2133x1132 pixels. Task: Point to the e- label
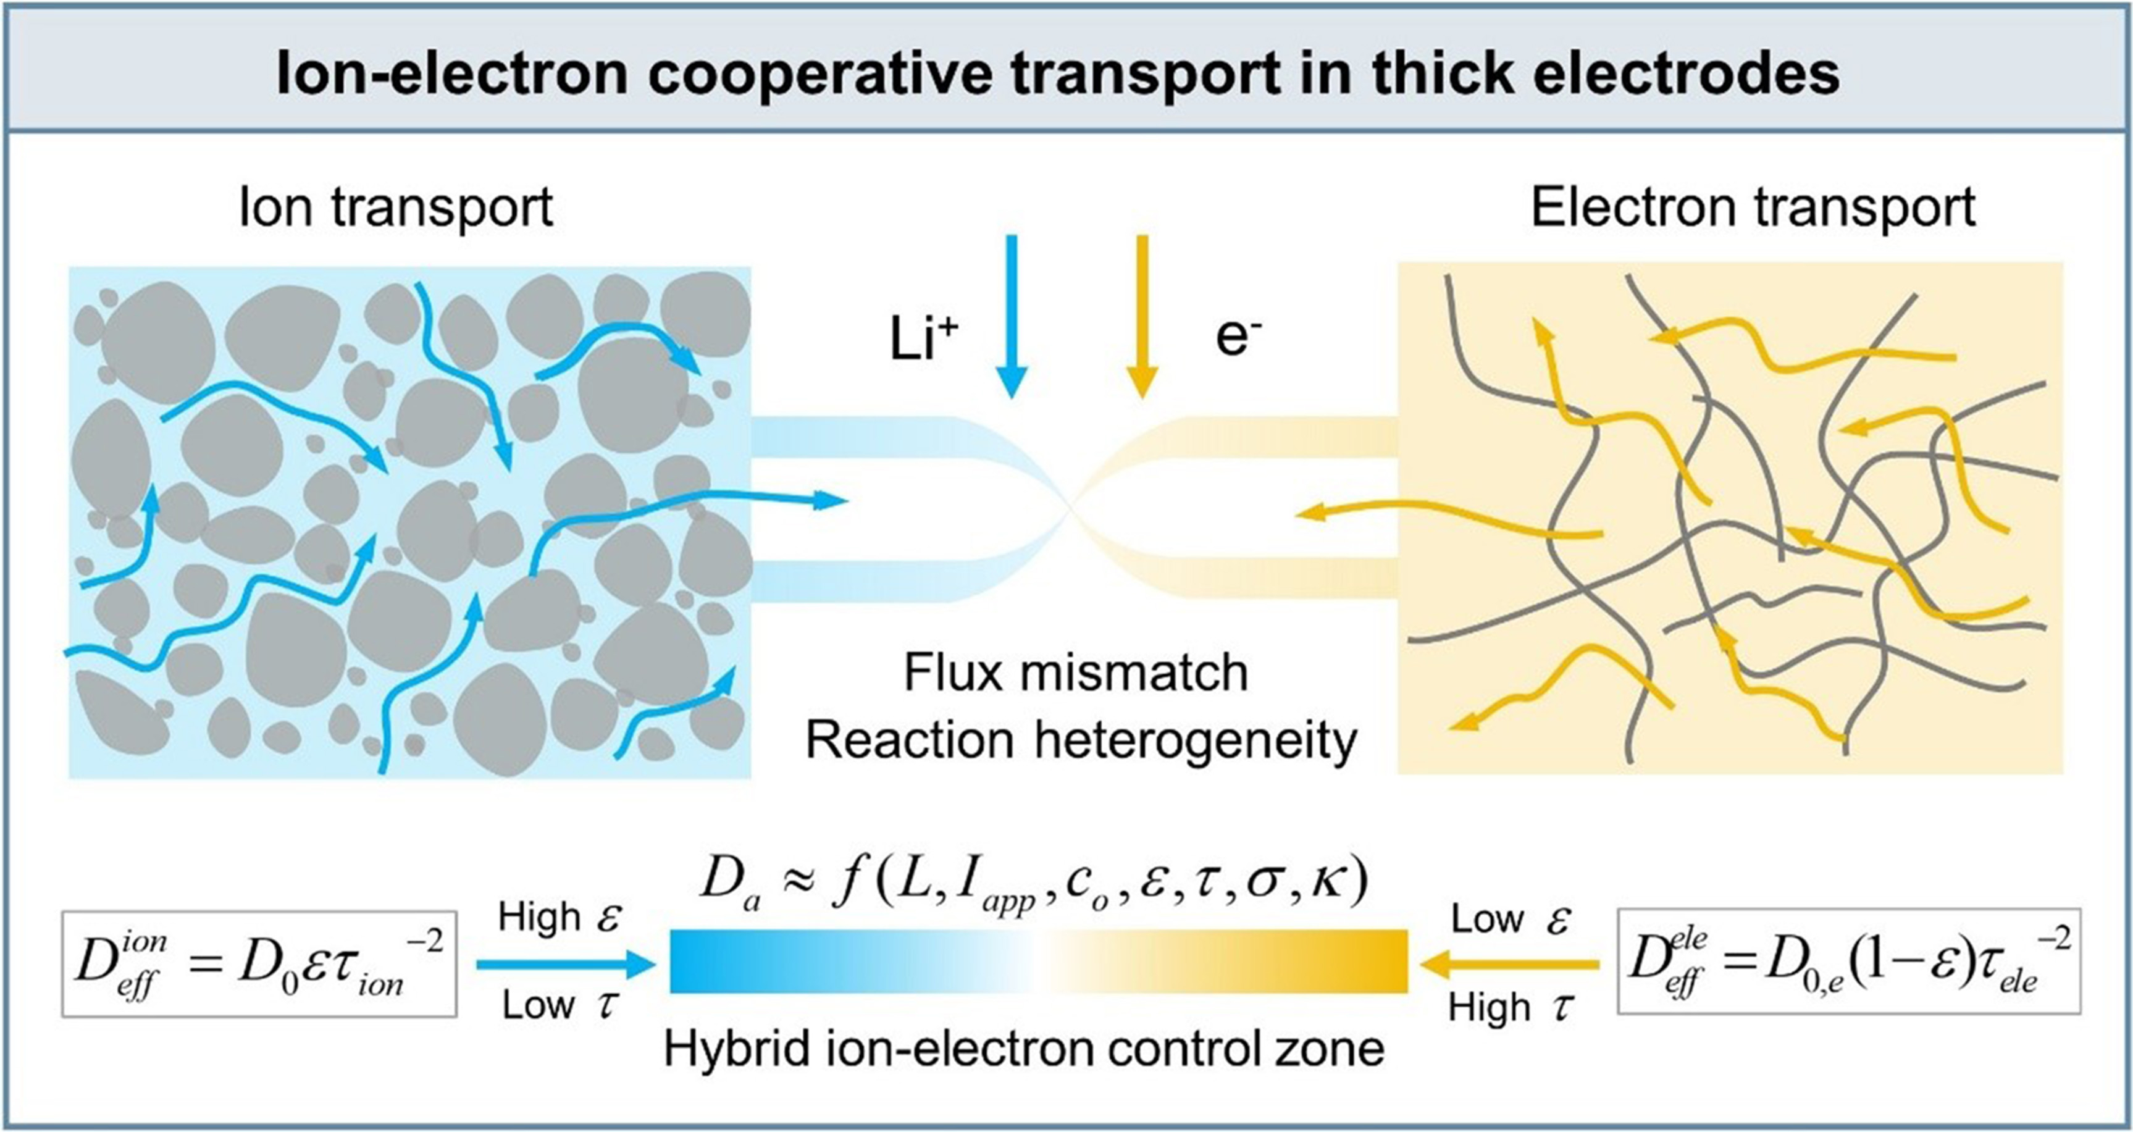[x=1238, y=338]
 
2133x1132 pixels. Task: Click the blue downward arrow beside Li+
[x=1011, y=316]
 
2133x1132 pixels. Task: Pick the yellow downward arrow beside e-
[x=1142, y=316]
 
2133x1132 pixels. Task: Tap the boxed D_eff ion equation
[x=259, y=964]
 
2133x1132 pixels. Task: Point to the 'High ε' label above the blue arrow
[x=559, y=918]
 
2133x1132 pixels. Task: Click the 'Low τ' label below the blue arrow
[x=559, y=1005]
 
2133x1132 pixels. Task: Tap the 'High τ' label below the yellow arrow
[x=1511, y=1008]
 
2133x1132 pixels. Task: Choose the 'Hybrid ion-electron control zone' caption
[x=1025, y=1049]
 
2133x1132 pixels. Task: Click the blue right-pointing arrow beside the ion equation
[x=566, y=963]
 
